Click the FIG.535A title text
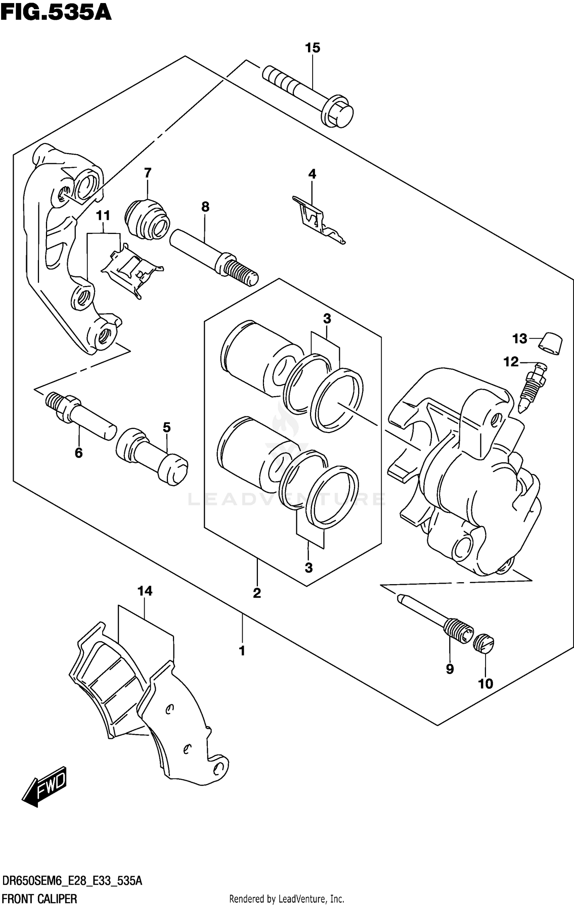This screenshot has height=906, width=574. tap(56, 13)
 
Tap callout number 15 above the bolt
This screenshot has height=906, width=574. tap(312, 48)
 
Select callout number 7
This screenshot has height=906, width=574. tap(148, 173)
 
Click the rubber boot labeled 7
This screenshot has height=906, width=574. tap(147, 220)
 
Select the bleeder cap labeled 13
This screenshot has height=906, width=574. tap(550, 344)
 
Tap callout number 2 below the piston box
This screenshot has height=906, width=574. tap(257, 593)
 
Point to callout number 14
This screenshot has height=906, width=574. tap(145, 591)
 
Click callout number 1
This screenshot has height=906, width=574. tap(242, 651)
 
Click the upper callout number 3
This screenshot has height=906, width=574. tap(327, 318)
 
